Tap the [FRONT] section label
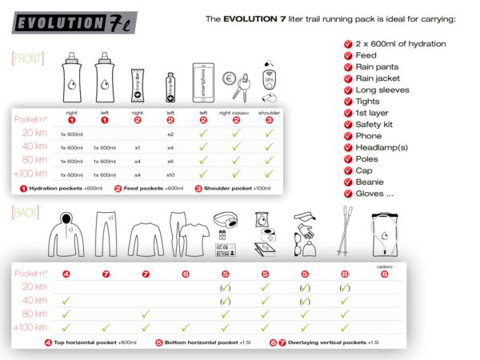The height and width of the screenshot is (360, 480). coord(28,58)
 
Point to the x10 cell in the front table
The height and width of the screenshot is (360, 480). coord(170,174)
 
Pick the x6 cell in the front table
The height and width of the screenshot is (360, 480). coord(170,160)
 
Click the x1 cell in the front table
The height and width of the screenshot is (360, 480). coord(138,146)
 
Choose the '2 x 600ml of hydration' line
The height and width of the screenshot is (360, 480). coord(400,44)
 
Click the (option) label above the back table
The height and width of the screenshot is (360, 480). coord(385,266)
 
